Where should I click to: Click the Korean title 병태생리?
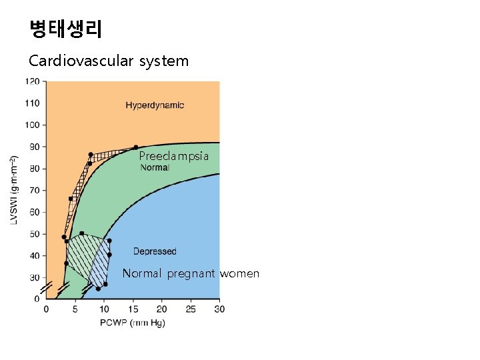[65, 29]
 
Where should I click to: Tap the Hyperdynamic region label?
[155, 105]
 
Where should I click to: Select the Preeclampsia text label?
[174, 156]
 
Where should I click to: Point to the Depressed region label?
[155, 251]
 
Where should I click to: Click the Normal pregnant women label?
[191, 273]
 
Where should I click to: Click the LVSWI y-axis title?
[14, 190]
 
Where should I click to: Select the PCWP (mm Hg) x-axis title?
[133, 323]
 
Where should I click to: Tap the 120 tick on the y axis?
[32, 81]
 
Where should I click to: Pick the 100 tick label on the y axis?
[32, 125]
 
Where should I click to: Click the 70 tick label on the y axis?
[34, 190]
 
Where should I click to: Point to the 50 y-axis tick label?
[34, 234]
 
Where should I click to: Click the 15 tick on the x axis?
[133, 309]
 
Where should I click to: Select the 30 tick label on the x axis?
[219, 309]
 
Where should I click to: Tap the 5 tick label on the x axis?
[75, 309]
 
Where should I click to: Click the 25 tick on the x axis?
[191, 309]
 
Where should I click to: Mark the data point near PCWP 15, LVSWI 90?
[135, 147]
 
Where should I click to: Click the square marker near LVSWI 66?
[71, 199]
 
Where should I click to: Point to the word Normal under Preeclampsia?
[155, 167]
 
